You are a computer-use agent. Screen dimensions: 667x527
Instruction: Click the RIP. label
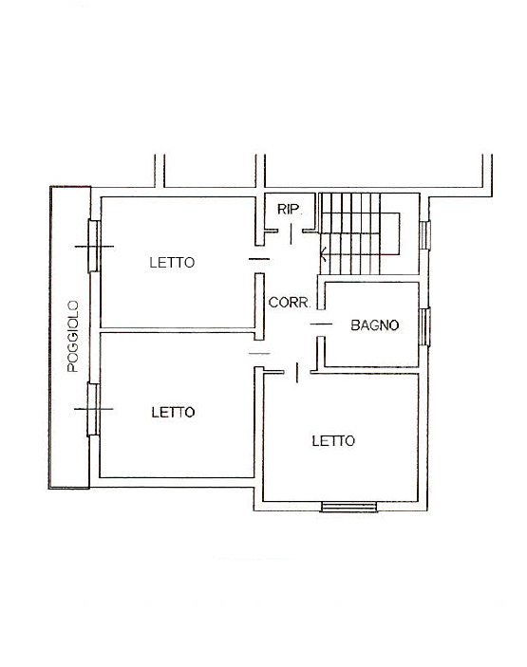click(x=289, y=209)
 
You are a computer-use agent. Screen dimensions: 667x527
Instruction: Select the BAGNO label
click(x=374, y=324)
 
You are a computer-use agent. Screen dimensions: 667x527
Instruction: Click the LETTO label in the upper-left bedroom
click(x=172, y=263)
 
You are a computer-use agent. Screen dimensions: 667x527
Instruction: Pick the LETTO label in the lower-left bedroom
click(x=173, y=412)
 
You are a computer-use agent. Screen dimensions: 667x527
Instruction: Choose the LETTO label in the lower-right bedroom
click(x=333, y=440)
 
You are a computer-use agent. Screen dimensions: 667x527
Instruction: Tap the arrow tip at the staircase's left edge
click(x=324, y=253)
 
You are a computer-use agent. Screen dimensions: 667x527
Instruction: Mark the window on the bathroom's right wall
click(x=426, y=326)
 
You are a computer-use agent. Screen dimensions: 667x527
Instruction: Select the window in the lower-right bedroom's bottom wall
click(x=349, y=507)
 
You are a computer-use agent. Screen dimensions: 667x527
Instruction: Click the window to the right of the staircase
click(x=426, y=234)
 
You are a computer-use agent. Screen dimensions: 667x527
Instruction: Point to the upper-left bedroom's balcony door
click(x=93, y=246)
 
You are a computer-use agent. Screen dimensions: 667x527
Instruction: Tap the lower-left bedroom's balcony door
click(x=93, y=409)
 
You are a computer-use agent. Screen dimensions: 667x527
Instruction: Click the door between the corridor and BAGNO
click(x=321, y=324)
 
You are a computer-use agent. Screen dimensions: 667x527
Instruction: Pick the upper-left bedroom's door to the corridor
click(x=257, y=259)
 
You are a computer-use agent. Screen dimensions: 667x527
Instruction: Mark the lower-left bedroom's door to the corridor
click(x=257, y=353)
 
